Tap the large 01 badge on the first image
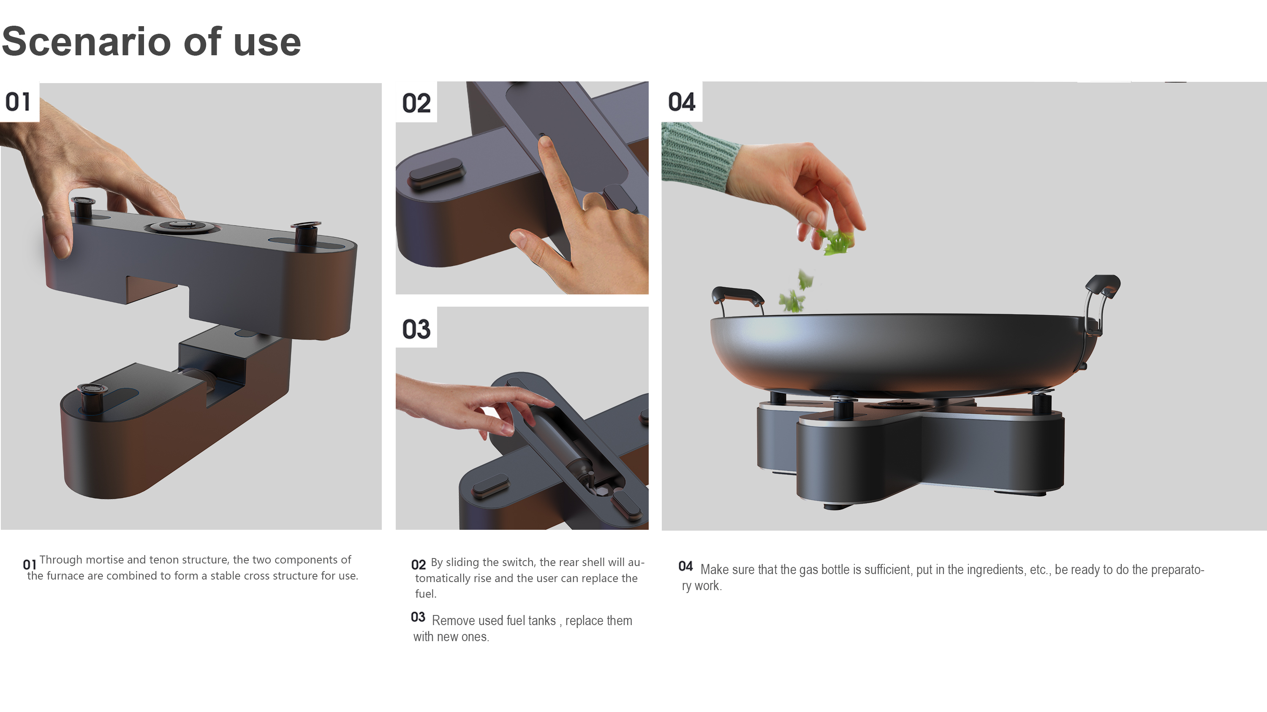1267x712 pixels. coord(18,102)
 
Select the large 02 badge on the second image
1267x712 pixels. coord(416,103)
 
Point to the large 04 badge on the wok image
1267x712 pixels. coord(681,102)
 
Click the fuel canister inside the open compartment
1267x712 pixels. coord(561,442)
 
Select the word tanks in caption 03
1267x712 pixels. coord(542,620)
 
